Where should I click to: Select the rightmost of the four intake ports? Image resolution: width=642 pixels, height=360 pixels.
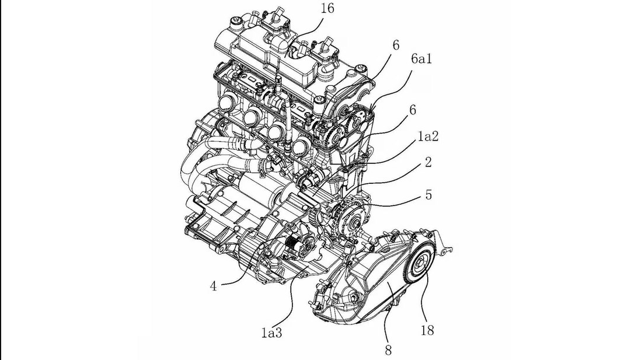click(x=302, y=144)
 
